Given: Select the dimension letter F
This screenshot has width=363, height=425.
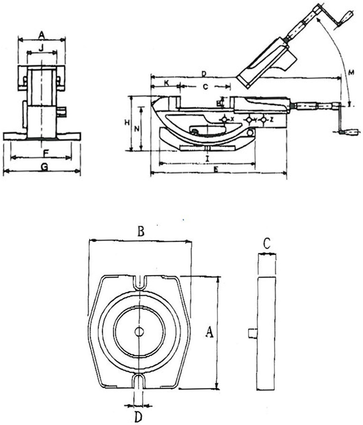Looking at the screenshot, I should pos(45,152).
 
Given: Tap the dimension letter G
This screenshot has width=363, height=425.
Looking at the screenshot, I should pos(44,167).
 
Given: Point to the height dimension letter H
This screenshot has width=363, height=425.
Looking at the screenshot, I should pos(127,123).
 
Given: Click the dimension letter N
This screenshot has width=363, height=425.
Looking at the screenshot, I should pos(137,129).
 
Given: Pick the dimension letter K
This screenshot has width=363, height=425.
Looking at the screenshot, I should pos(166,82).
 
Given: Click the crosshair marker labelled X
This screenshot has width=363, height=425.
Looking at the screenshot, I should pos(224,119).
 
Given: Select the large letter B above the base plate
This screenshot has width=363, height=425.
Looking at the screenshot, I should pos(141,232).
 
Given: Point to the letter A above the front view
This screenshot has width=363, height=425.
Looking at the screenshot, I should pos(42,35).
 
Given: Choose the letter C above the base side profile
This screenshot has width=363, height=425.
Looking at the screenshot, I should pos(267,244).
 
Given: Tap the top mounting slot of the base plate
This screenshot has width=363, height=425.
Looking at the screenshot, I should pos(139,283).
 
